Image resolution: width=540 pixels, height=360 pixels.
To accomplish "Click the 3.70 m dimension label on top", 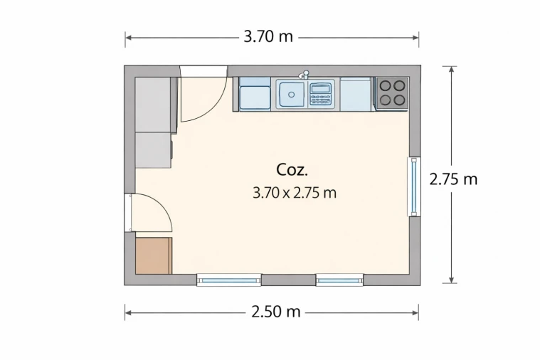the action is [x=268, y=36].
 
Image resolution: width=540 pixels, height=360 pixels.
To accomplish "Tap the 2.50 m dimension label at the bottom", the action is [x=276, y=312].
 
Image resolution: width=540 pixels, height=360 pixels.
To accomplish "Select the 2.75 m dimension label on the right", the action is [x=453, y=179].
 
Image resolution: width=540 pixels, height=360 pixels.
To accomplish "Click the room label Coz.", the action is [x=292, y=170].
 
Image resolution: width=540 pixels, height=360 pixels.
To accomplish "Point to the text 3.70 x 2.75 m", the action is [x=295, y=193].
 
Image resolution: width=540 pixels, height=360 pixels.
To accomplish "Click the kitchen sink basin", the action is [x=292, y=94].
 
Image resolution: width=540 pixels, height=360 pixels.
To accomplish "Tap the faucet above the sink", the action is [x=304, y=75].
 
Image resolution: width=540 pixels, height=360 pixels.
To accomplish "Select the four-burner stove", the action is [x=392, y=93].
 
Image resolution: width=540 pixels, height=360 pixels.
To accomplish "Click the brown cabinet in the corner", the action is [x=154, y=255].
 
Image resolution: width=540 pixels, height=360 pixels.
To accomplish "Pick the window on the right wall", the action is [x=414, y=186].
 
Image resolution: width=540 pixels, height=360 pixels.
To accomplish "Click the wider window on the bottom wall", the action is [x=229, y=280].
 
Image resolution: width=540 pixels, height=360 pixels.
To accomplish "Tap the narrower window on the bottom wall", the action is [x=339, y=280].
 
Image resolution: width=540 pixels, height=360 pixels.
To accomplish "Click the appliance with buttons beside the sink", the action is [x=320, y=94].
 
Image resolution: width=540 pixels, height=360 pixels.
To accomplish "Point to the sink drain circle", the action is [x=292, y=95].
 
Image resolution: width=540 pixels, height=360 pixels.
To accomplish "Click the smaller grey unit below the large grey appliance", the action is [x=154, y=151].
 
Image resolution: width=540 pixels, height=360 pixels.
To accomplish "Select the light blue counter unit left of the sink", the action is [x=255, y=94].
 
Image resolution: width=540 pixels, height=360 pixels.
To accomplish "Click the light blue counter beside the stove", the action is [x=356, y=94].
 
